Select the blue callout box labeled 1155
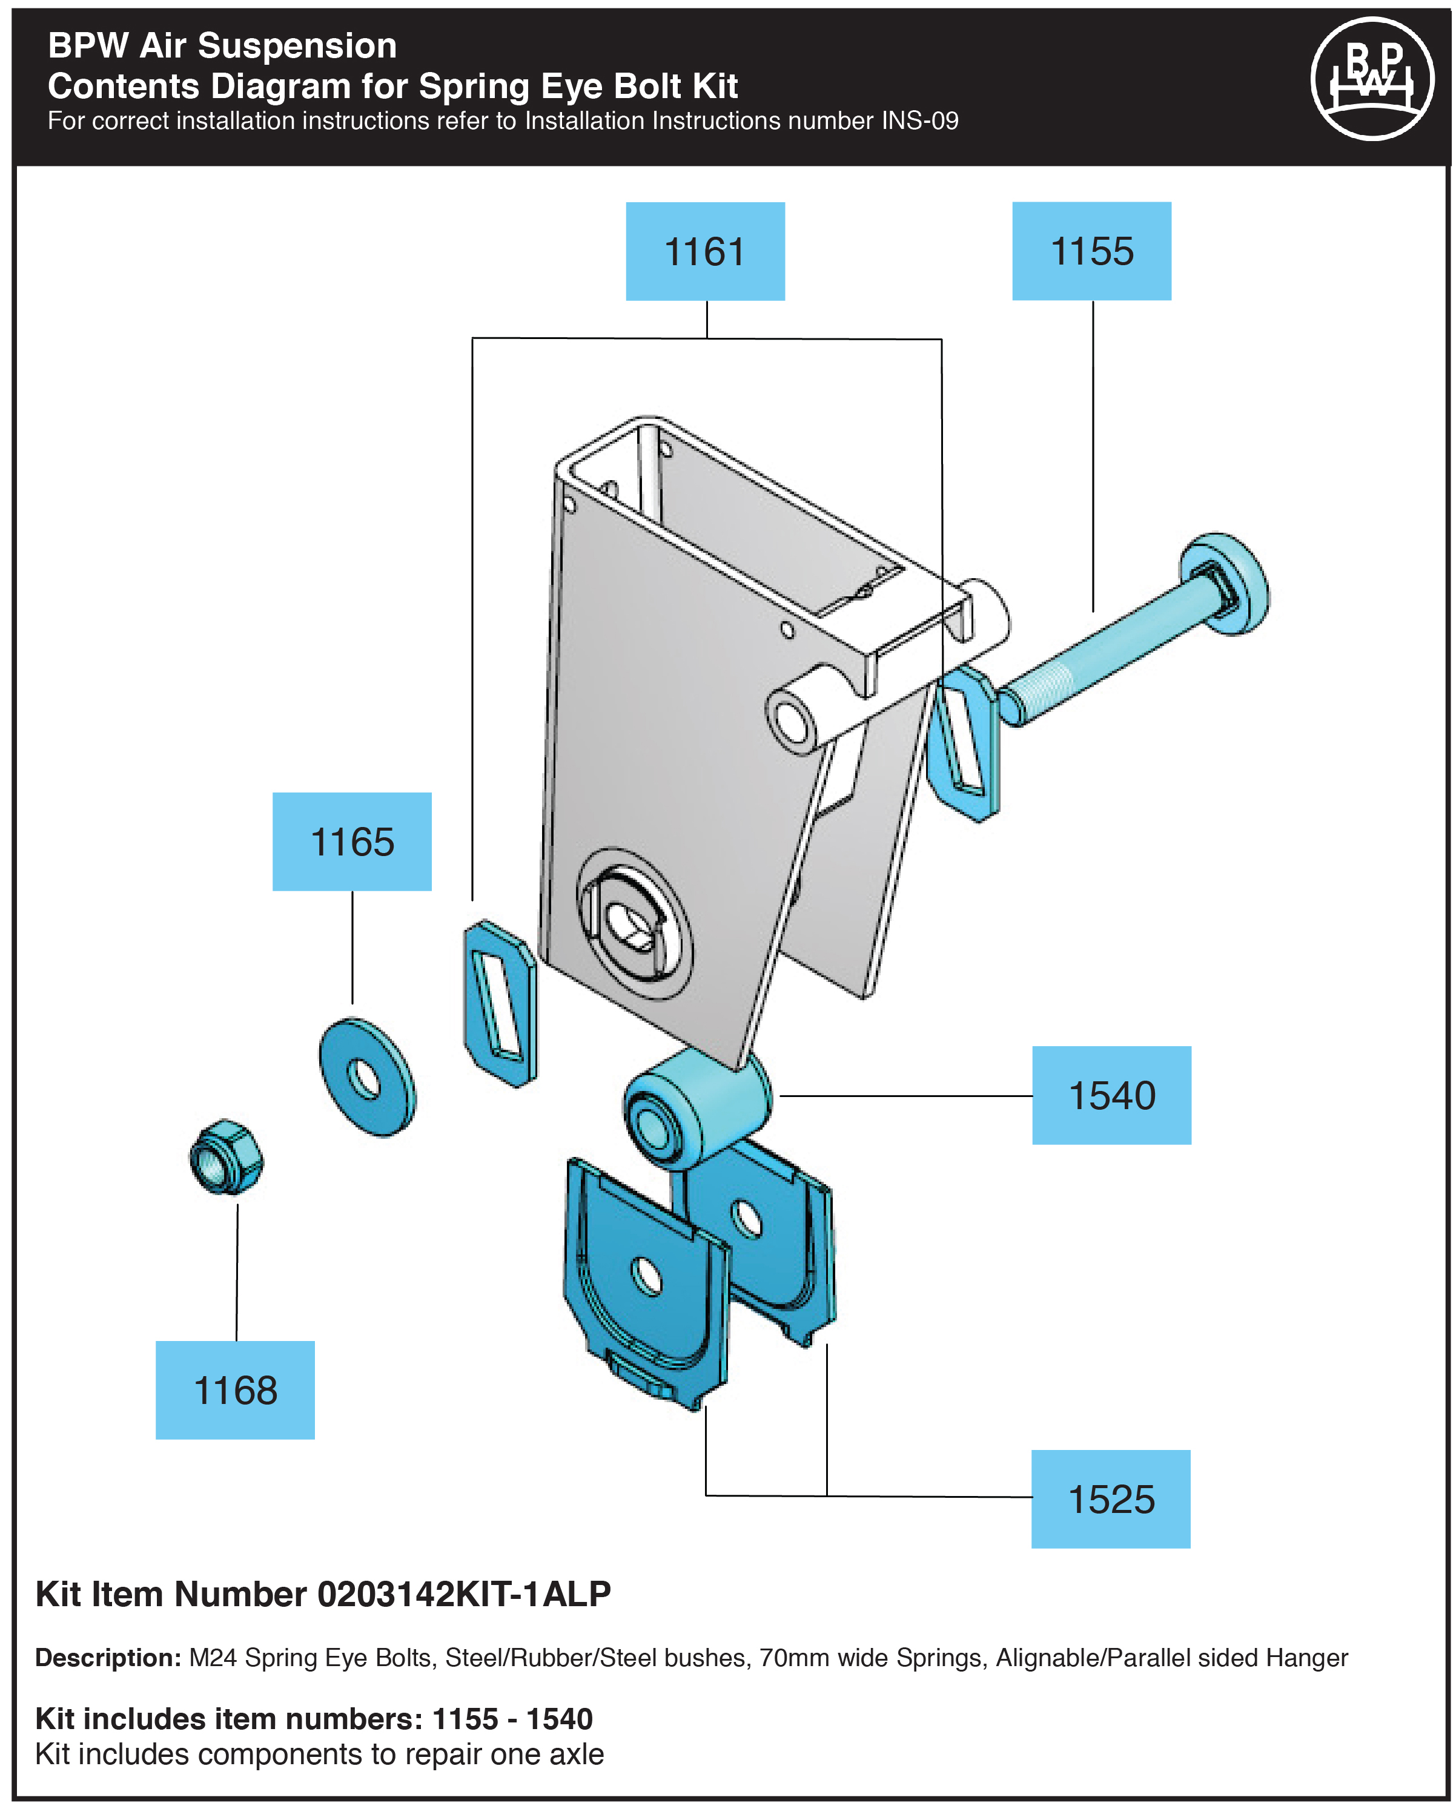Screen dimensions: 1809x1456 click(x=1091, y=251)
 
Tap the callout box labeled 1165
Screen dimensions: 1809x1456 click(x=352, y=842)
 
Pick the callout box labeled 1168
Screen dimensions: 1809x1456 click(x=235, y=1390)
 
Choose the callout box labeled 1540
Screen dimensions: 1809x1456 click(x=1111, y=1095)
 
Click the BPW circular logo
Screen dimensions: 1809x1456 click(x=1372, y=79)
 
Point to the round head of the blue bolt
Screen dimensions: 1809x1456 click(x=1226, y=584)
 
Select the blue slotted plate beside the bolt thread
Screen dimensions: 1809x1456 click(x=965, y=743)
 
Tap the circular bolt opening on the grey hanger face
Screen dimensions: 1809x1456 click(x=634, y=923)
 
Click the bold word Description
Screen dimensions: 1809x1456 click(x=107, y=1658)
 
